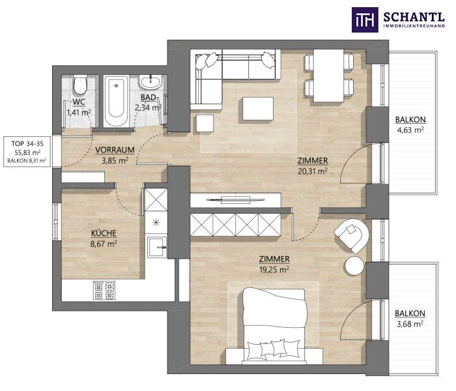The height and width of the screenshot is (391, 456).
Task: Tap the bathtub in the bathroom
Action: tap(116, 101)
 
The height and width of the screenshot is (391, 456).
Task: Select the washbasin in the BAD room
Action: tap(150, 81)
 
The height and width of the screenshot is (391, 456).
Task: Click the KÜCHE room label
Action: tap(104, 233)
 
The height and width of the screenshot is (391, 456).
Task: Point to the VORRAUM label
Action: tap(115, 150)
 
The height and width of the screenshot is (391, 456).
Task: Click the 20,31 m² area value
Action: tap(313, 171)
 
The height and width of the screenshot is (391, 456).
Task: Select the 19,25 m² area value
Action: tap(274, 269)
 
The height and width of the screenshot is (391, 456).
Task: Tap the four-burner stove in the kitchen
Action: tap(104, 291)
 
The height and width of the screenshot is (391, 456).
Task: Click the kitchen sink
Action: tap(157, 247)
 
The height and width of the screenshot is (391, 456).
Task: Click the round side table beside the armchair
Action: tap(354, 266)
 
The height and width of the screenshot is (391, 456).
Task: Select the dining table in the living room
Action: tap(328, 76)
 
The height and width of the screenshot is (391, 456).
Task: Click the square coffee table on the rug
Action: tap(258, 109)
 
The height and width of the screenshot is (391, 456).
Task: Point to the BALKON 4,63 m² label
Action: tap(410, 125)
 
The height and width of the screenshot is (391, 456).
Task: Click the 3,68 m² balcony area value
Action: tap(410, 324)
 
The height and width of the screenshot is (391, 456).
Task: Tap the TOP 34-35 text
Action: tap(27, 143)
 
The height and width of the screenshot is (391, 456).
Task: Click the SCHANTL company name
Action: tap(414, 17)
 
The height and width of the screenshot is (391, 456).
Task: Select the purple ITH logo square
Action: tap(365, 20)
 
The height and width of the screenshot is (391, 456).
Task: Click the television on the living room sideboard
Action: tap(235, 199)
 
